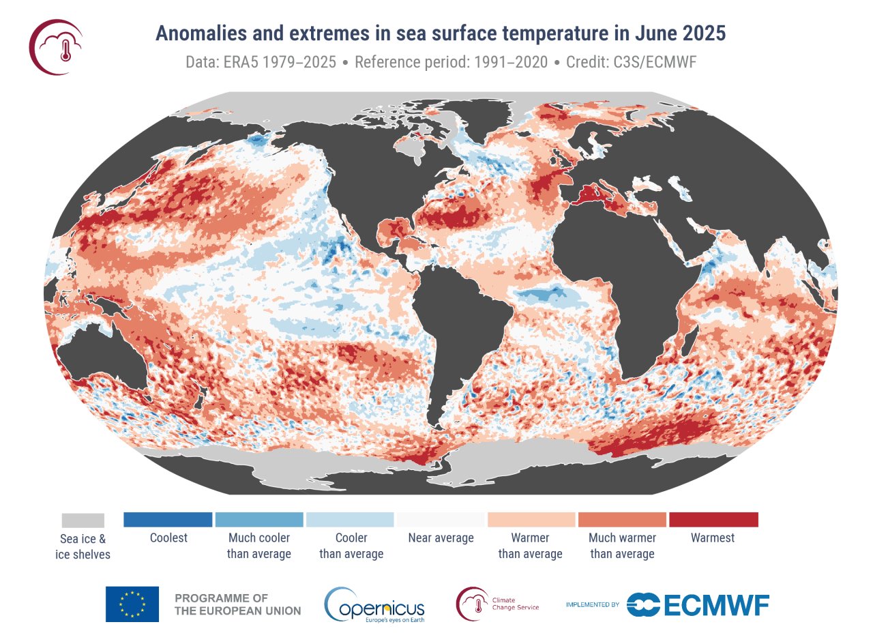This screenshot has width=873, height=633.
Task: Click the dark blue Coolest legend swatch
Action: point(168,520)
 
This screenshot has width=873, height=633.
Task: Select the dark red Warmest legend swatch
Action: point(713,520)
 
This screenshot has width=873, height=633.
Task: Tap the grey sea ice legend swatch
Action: point(83,520)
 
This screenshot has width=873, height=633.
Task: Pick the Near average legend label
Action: point(441,538)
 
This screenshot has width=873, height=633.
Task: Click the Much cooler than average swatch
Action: point(258,520)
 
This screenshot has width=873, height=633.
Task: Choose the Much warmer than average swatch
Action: point(622,520)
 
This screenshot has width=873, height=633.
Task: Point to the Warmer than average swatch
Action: point(531,520)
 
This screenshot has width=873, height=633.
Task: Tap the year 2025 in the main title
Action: point(702,33)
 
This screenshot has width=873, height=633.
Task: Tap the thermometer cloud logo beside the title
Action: point(56,46)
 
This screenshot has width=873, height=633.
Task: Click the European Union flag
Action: point(132,604)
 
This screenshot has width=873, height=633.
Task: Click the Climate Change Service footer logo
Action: point(499,604)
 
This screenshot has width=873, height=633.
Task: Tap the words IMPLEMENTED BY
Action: point(592,604)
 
